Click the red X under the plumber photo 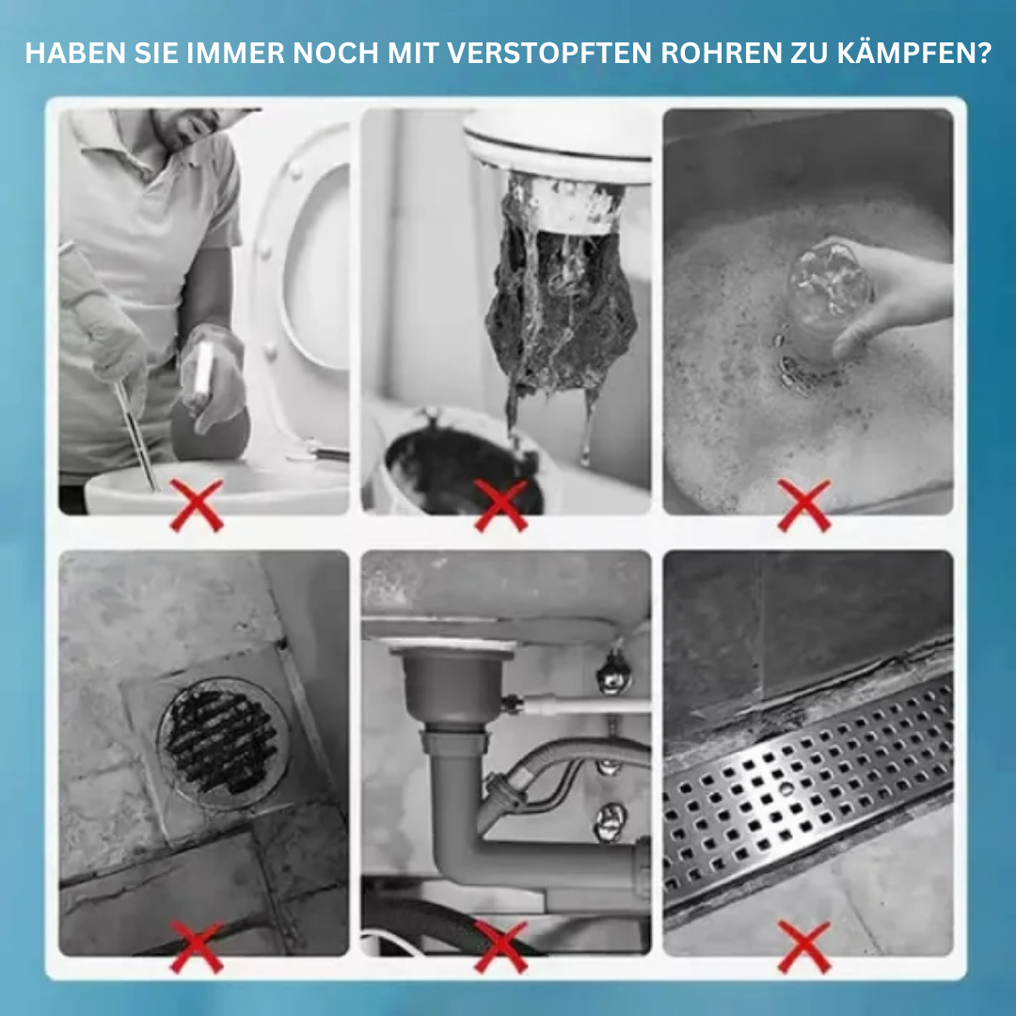[x=197, y=505]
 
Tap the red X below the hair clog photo [x=500, y=505]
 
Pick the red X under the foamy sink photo [x=804, y=505]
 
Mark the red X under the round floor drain [x=197, y=945]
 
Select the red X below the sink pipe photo [x=500, y=945]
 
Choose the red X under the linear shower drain [x=804, y=945]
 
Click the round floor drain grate [x=222, y=742]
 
